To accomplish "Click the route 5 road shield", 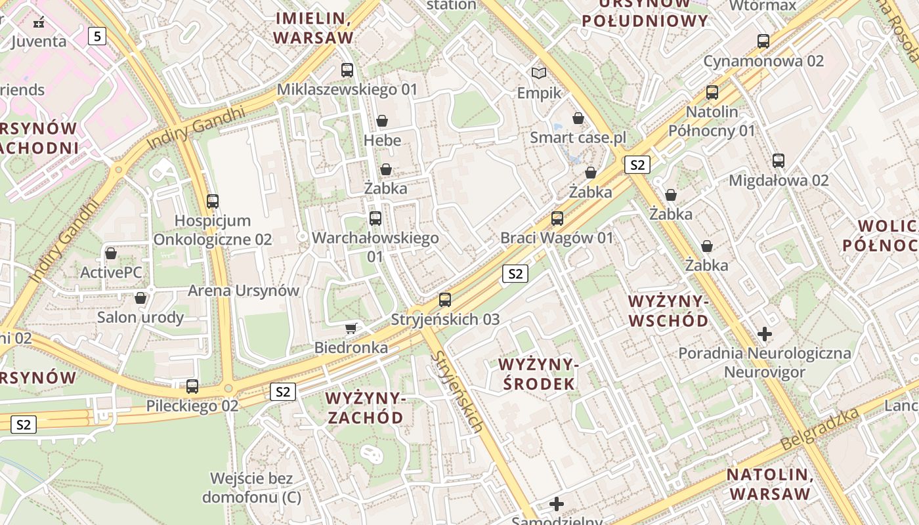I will (x=97, y=36).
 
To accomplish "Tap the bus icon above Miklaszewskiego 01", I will (x=347, y=70).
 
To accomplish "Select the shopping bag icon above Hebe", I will (x=382, y=121).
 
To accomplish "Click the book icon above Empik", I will (x=539, y=73).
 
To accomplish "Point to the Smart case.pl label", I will (x=578, y=138).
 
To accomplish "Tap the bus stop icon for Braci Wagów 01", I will (x=557, y=218).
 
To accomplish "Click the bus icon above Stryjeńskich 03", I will (x=445, y=300).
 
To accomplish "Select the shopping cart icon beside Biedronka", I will (x=351, y=327).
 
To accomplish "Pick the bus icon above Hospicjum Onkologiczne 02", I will (x=213, y=201).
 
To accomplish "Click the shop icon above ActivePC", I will (x=111, y=253).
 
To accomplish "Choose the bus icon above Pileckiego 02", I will (x=192, y=387).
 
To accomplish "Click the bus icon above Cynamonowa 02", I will (x=763, y=41).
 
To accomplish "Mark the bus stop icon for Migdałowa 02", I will (x=779, y=160).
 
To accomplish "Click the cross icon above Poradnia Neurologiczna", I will (x=765, y=334).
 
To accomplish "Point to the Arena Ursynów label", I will (x=244, y=290).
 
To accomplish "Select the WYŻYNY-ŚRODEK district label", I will (x=537, y=374).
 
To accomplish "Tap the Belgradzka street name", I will (x=820, y=429).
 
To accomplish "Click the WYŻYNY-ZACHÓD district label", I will (x=365, y=408).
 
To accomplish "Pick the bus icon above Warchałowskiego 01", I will (x=375, y=219).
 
